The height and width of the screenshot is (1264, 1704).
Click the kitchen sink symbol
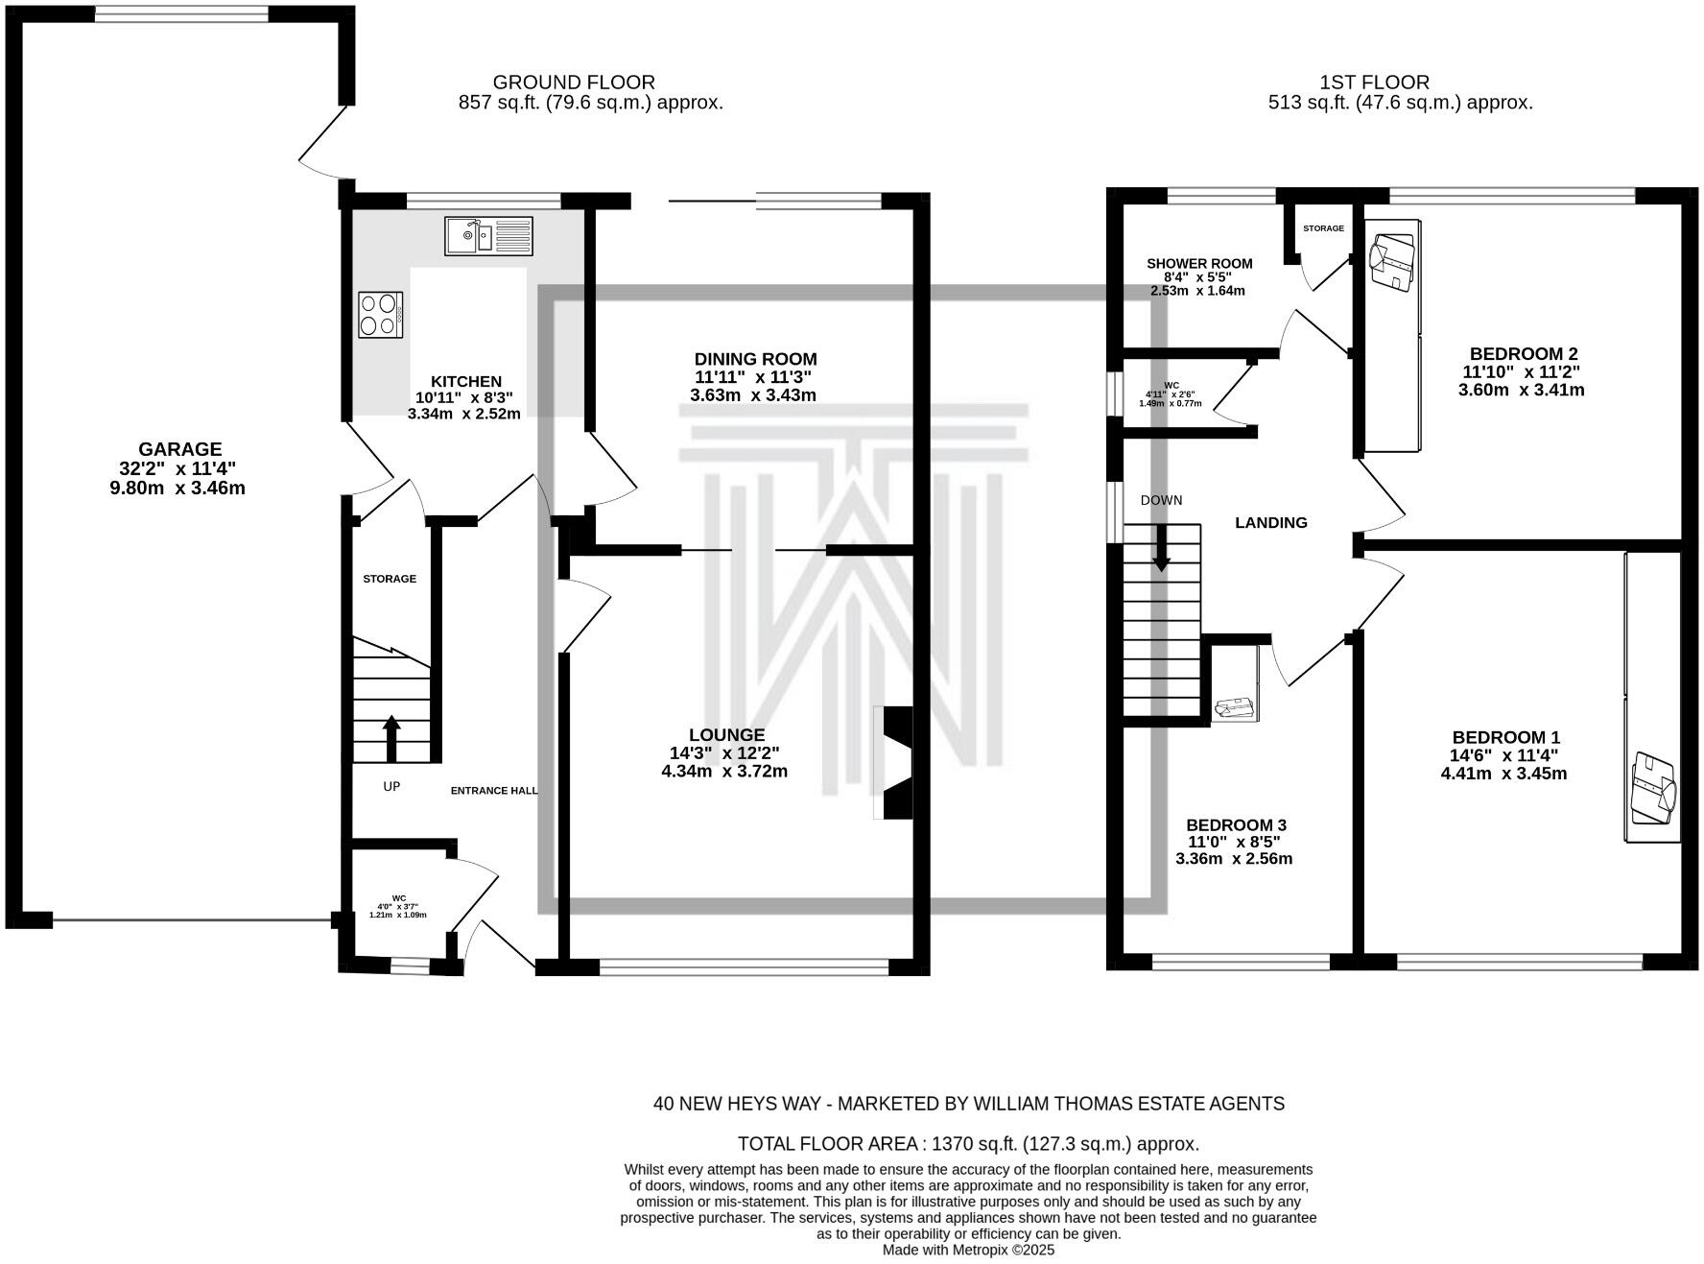[x=488, y=235]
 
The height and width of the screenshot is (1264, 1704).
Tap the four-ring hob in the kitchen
[x=380, y=315]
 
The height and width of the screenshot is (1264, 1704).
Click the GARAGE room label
[x=180, y=449]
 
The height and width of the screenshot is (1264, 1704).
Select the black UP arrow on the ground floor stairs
[x=391, y=738]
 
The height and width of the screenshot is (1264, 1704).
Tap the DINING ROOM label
[x=755, y=360]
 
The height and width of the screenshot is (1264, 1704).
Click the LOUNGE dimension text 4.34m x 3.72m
[x=724, y=772]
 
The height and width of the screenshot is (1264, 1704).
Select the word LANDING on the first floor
[x=1271, y=523]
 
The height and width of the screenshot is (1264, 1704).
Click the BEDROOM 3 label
[x=1236, y=825]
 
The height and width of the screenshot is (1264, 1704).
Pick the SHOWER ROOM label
[x=1199, y=264]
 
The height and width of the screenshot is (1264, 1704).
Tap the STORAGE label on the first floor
[x=1323, y=228]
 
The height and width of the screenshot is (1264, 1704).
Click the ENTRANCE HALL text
[x=494, y=791]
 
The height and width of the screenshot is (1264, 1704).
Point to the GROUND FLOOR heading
[x=574, y=83]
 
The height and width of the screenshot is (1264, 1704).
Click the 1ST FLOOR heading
[x=1375, y=83]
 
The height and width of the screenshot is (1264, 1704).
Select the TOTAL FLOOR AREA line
[x=968, y=1144]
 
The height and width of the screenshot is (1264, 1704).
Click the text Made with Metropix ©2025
[x=968, y=1250]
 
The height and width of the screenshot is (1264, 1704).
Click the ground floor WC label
[x=398, y=898]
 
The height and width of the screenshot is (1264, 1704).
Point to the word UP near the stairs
[x=391, y=786]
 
